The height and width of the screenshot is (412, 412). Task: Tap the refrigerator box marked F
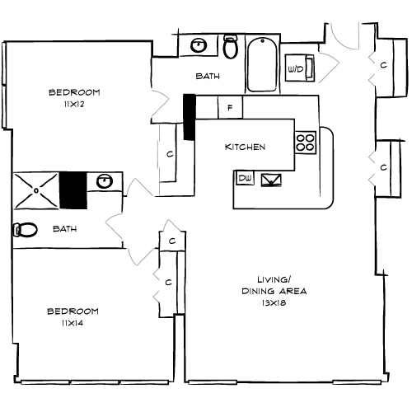tap(230, 108)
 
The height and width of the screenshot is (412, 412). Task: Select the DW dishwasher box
tap(245, 178)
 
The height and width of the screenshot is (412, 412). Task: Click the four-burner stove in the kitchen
tap(306, 142)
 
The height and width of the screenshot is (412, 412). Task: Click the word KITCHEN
tap(245, 147)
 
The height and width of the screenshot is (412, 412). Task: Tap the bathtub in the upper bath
tap(263, 63)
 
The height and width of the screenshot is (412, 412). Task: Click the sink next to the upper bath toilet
tap(199, 46)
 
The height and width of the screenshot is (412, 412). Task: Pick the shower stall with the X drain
tap(35, 190)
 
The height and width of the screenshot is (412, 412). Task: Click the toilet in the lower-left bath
tap(24, 229)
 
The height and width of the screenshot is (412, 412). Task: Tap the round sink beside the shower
tap(104, 182)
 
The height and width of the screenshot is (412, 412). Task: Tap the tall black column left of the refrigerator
tap(189, 117)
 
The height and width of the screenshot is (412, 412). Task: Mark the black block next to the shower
tap(73, 190)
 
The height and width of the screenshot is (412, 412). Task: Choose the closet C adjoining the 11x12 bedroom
tap(169, 153)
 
